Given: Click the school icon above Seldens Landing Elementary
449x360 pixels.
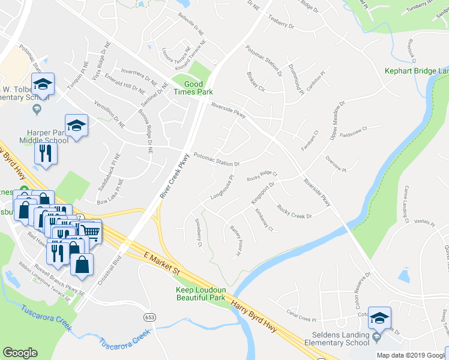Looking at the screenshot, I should pos(379,318).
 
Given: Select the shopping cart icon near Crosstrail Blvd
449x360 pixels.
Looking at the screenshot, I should pos(90,231).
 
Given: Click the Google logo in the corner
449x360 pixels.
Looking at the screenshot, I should pos(20,352).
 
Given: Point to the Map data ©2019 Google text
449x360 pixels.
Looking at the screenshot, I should pos(411,355).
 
